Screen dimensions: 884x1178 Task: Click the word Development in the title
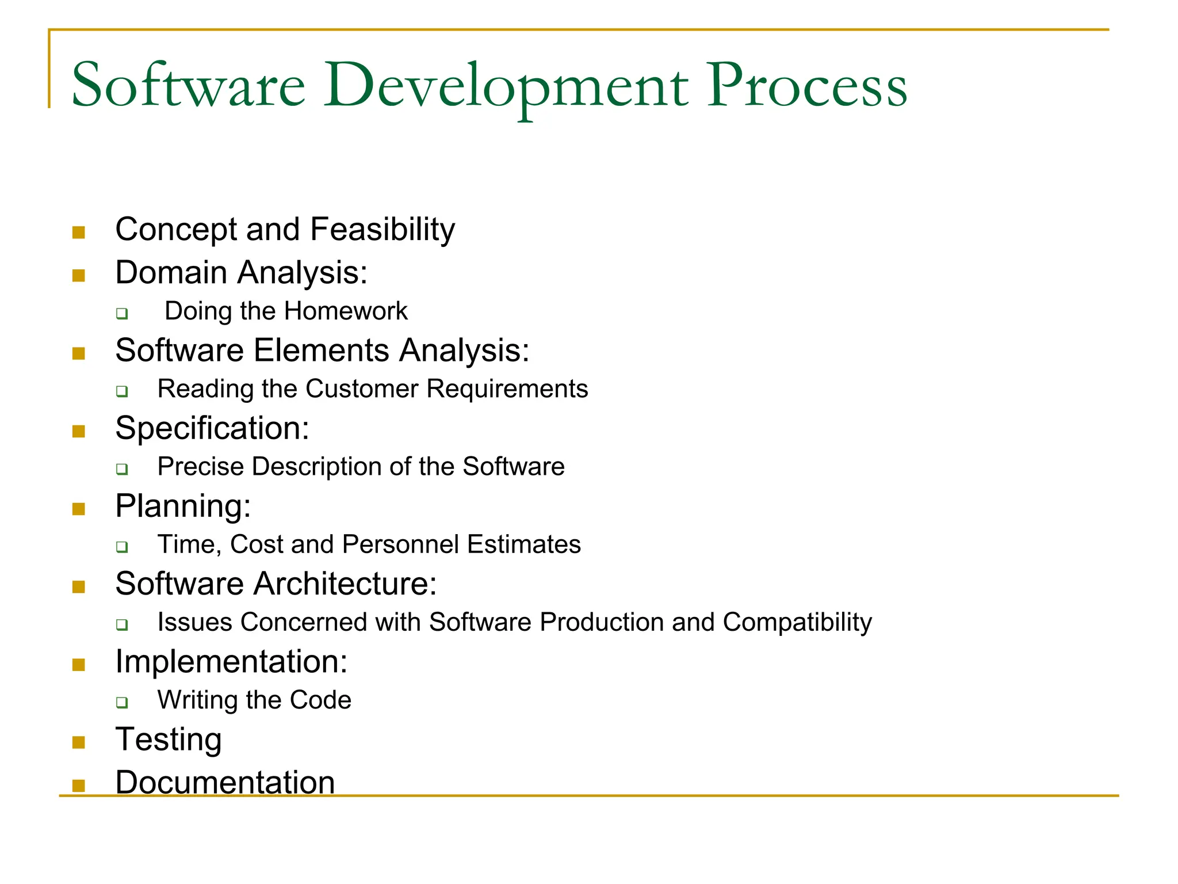(x=506, y=86)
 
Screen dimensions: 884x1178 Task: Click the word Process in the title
(x=806, y=86)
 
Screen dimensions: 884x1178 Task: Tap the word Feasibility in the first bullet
(x=383, y=230)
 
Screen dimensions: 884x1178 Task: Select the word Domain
(x=171, y=272)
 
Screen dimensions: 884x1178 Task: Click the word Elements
(x=321, y=350)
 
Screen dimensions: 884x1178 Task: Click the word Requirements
(x=507, y=389)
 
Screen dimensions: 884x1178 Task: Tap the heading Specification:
(x=212, y=428)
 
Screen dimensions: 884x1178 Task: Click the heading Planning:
(x=183, y=506)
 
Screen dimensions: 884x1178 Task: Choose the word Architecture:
(x=345, y=584)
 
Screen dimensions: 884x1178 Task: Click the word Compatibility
(x=797, y=623)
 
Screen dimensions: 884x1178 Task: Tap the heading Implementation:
(x=231, y=661)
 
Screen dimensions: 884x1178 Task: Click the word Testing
(x=169, y=740)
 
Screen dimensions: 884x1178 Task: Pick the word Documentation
(x=225, y=782)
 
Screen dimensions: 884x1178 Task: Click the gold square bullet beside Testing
(x=79, y=742)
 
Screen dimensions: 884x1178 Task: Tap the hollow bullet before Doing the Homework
(x=121, y=314)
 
